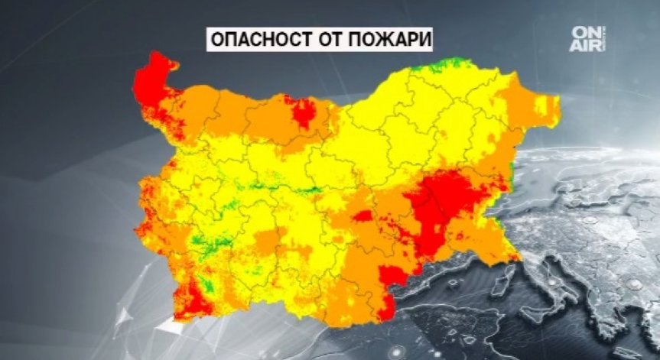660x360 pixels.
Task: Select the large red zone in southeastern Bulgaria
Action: coord(444,206)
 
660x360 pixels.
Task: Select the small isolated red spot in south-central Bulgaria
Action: coord(363,216)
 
